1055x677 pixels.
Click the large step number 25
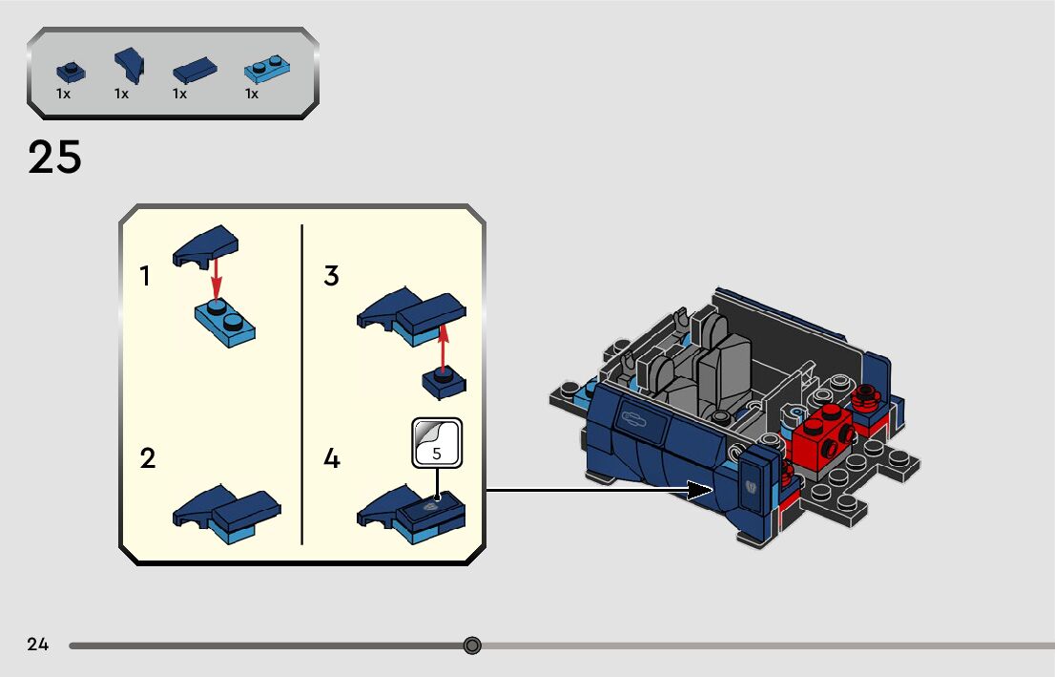click(x=54, y=158)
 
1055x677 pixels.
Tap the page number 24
click(x=38, y=645)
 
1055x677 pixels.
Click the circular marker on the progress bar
click(x=472, y=645)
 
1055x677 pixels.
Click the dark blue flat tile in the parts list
click(x=195, y=71)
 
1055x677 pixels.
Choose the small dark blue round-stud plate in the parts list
click(x=70, y=72)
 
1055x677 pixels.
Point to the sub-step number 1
click(x=145, y=277)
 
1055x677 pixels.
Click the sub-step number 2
click(x=147, y=458)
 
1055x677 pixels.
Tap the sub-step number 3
click(x=331, y=277)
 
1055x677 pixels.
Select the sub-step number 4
click(x=331, y=459)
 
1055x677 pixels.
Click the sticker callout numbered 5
click(x=437, y=443)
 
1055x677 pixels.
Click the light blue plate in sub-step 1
click(x=225, y=323)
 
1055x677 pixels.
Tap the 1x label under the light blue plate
click(x=252, y=94)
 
